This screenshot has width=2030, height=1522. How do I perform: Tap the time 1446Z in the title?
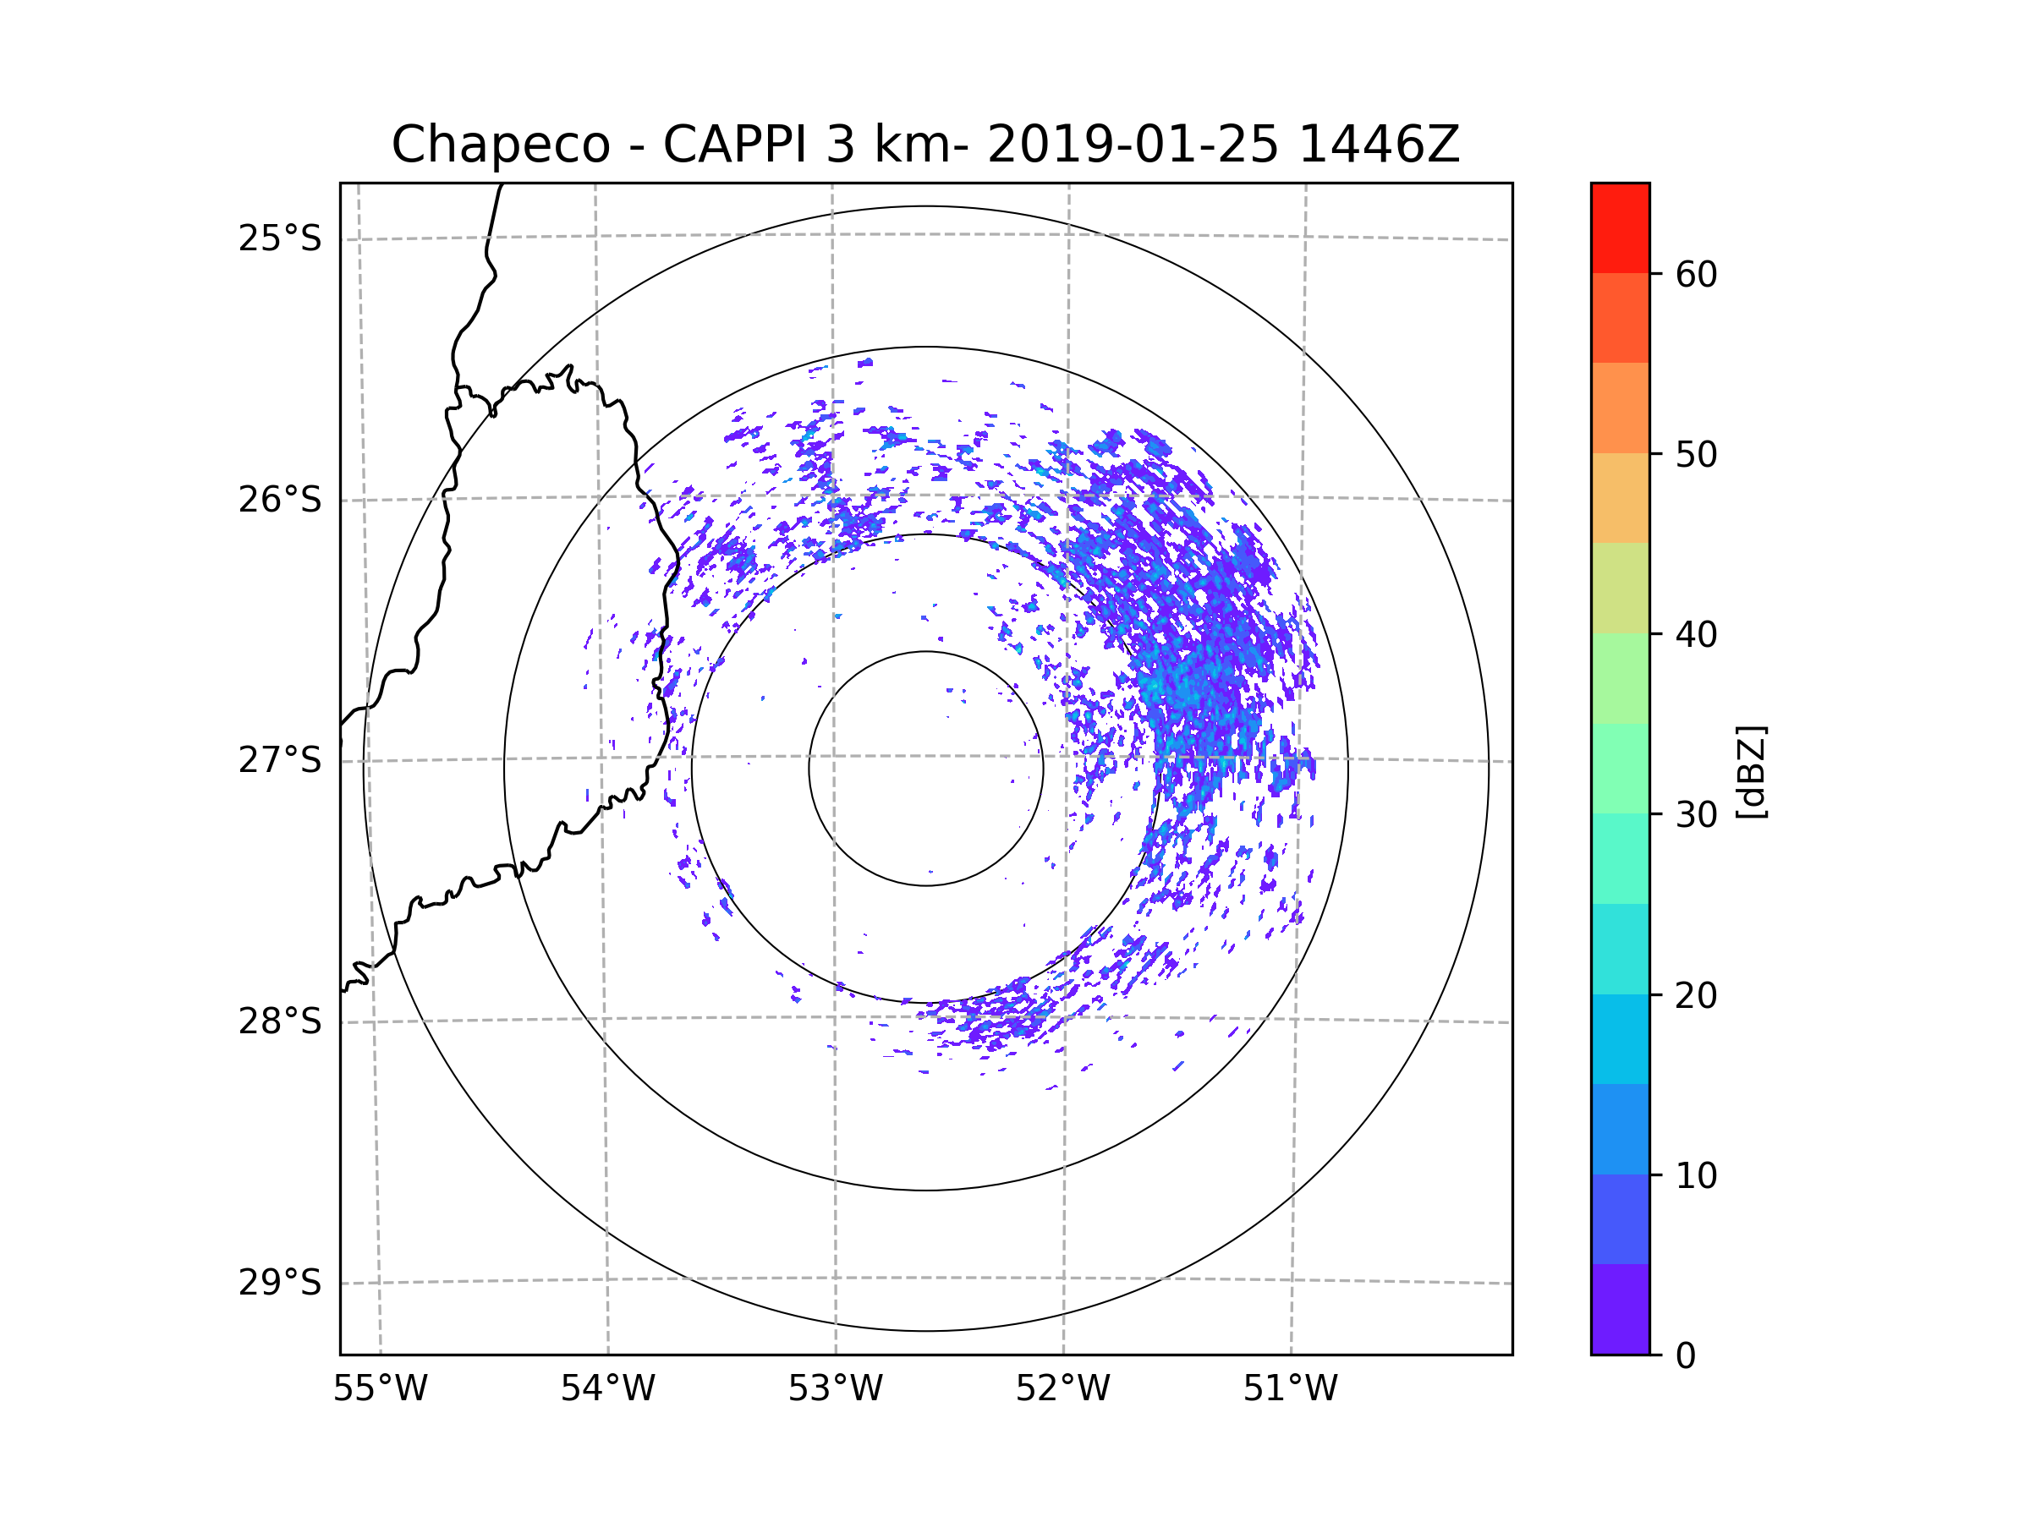[1380, 145]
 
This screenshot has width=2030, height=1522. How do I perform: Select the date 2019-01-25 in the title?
[1133, 145]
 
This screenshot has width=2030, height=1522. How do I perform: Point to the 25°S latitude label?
[280, 238]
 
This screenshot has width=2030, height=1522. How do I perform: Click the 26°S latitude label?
[280, 500]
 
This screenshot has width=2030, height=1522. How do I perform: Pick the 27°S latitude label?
[280, 760]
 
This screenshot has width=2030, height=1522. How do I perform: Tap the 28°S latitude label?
[280, 1021]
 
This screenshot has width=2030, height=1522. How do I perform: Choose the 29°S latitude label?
[280, 1283]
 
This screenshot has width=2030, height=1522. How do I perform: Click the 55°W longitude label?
[380, 1389]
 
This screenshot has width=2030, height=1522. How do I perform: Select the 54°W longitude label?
[607, 1389]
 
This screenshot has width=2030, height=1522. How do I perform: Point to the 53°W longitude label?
[835, 1389]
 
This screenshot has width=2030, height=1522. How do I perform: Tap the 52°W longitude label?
[1062, 1389]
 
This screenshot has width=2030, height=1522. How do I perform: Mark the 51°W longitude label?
[1290, 1389]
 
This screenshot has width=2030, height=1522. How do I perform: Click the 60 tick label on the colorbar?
[1696, 274]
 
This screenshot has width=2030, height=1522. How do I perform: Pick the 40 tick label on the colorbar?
[1696, 635]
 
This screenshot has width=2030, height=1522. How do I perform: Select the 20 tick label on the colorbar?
[1696, 995]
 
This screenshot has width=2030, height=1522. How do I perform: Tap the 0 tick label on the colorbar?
[1686, 1356]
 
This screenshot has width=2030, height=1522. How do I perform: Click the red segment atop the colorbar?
[1620, 228]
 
